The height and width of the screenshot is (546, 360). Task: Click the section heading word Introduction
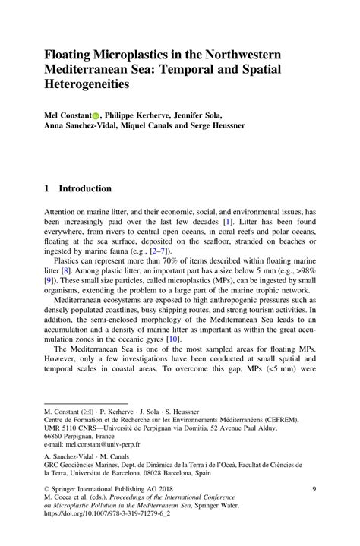click(x=85, y=188)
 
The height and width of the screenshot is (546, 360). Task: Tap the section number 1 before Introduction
click(x=47, y=188)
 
